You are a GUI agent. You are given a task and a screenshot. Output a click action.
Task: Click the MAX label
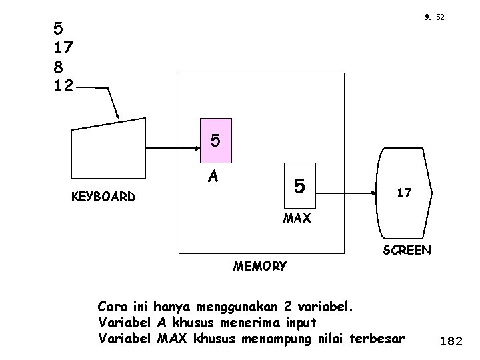(x=297, y=218)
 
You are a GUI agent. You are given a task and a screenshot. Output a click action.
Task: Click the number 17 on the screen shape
(x=404, y=193)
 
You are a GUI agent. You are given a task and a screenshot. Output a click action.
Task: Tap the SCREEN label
(x=406, y=251)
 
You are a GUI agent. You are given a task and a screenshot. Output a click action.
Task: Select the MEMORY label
(x=260, y=266)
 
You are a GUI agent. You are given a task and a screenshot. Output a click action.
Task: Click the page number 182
(x=451, y=341)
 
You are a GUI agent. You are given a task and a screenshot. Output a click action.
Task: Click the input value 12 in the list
(x=64, y=85)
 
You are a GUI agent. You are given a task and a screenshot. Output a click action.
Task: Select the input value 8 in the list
(x=59, y=66)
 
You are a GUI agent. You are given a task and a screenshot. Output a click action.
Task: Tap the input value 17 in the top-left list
(x=64, y=47)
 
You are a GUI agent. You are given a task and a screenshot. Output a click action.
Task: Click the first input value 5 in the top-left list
(x=59, y=29)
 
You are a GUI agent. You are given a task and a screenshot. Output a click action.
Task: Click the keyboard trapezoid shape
(x=108, y=150)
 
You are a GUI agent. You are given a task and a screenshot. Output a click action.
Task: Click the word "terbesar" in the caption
(x=376, y=338)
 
